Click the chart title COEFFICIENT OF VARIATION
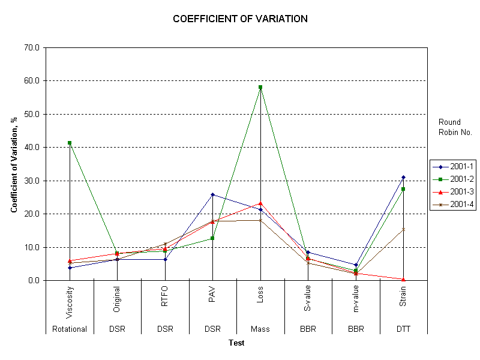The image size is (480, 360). coord(240,19)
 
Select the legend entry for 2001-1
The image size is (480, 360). coord(458,167)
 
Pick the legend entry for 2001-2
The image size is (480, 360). coord(458,179)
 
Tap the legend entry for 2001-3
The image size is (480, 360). coord(458,191)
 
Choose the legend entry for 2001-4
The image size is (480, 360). coord(458,204)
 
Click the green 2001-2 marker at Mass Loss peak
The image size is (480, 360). coord(260,87)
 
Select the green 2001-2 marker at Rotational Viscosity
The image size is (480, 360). coord(70,143)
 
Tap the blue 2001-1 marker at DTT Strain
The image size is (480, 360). coord(403,177)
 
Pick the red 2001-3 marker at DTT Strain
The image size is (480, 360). coord(403,279)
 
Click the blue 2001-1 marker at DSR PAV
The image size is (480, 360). coord(212,194)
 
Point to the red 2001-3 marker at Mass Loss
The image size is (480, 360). coord(260,203)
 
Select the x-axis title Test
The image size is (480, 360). coord(236,343)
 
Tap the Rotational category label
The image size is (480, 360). coord(70,329)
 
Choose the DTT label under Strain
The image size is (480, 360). coord(403,329)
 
